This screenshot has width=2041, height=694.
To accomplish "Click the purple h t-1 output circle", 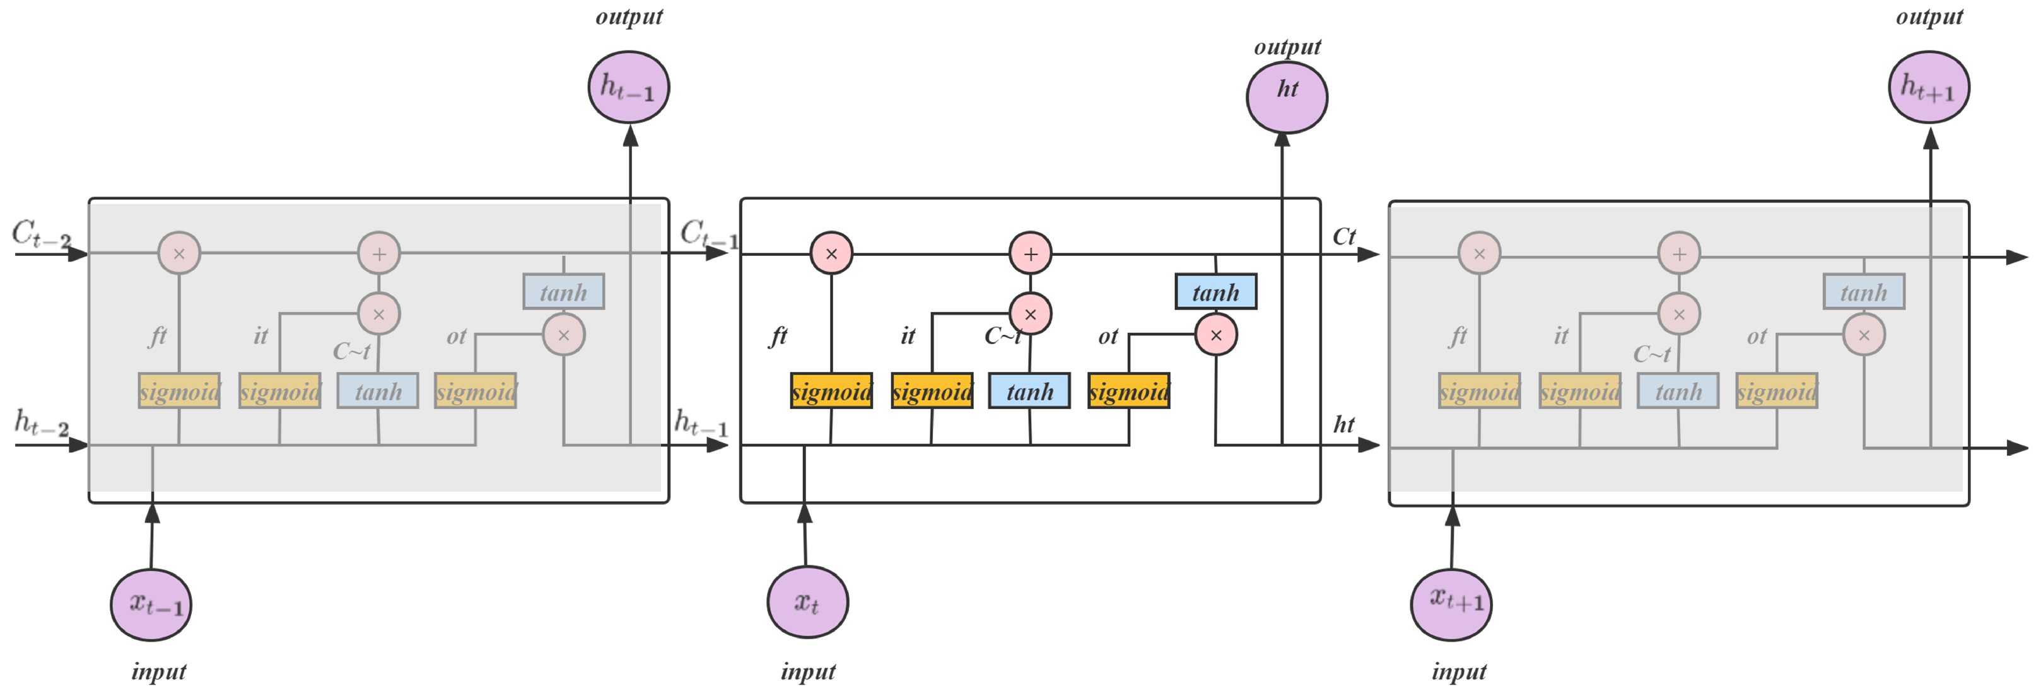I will (x=628, y=87).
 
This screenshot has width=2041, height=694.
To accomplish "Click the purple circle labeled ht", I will (x=1287, y=96).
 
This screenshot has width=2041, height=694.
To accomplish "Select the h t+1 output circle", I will (x=1929, y=87).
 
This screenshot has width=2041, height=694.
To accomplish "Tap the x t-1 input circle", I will (x=151, y=604).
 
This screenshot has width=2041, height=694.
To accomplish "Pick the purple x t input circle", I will (x=807, y=602).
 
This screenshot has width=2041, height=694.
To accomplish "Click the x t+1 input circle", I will (x=1451, y=604).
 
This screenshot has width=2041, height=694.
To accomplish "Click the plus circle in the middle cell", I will (x=1030, y=253).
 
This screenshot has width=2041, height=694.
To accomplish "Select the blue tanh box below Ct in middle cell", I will (x=1215, y=292).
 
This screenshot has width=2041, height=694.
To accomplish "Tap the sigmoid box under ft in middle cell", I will (x=831, y=391).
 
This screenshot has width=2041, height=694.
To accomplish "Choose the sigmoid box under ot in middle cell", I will (x=1128, y=391).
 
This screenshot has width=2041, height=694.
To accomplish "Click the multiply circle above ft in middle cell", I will (x=831, y=253).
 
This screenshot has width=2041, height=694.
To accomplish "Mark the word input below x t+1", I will (x=1459, y=672).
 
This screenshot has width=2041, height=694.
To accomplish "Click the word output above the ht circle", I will (x=1287, y=47).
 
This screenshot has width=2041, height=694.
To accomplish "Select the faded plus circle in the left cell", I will (x=378, y=253).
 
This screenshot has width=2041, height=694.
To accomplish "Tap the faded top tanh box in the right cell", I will (x=1864, y=292).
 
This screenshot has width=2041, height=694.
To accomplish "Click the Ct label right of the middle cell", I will (x=1344, y=236).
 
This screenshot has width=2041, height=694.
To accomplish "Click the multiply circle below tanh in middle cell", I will (x=1215, y=334).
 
